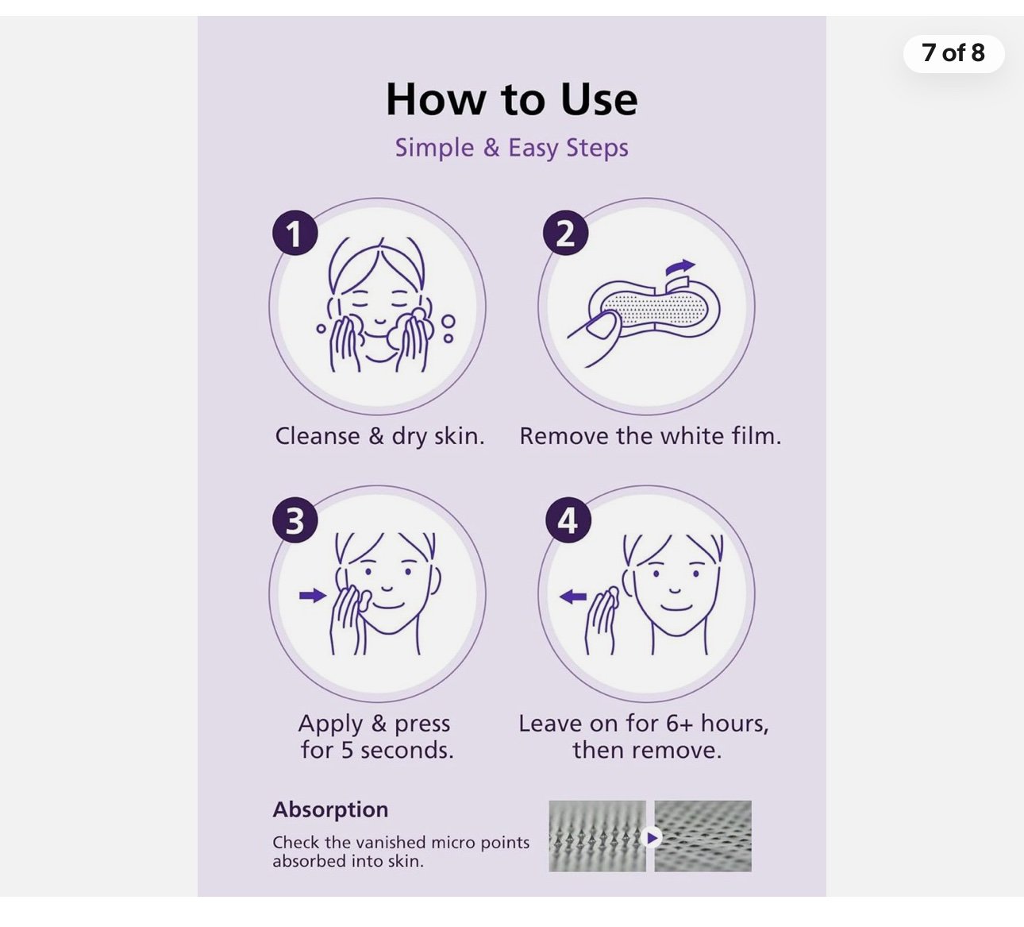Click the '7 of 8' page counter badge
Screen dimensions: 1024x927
pos(953,53)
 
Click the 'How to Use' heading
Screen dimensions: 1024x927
pos(511,99)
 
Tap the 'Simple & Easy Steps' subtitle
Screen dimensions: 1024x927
pos(511,149)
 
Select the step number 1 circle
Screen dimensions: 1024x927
pos(295,233)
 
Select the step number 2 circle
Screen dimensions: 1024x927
pos(565,233)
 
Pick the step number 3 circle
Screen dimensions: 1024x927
pos(295,520)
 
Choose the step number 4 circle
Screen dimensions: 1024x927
pos(568,520)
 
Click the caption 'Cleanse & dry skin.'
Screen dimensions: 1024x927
pos(379,436)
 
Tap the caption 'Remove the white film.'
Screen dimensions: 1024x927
pos(650,436)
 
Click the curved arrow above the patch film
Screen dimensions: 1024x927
pos(680,267)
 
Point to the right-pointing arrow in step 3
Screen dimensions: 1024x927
pos(313,595)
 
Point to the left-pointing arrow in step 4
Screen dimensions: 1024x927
pos(573,597)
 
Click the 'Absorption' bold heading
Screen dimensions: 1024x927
pos(330,810)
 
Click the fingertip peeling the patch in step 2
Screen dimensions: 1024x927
pos(602,328)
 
